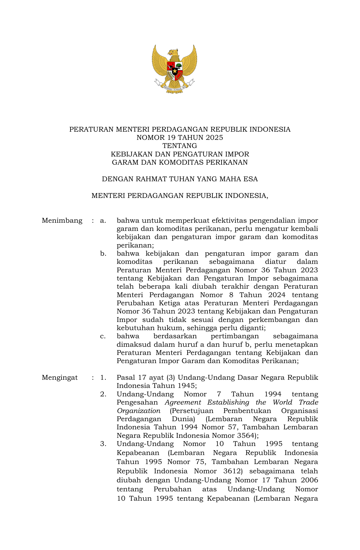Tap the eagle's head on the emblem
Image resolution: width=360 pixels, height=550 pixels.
coord(173,52)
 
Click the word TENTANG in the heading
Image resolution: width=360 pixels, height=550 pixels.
coord(180,146)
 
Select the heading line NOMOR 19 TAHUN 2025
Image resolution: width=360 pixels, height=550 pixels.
coord(180,138)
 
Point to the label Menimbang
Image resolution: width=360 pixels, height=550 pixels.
coord(62,220)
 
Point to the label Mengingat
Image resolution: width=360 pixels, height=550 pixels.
coord(60,377)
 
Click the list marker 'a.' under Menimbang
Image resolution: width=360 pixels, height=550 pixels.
coord(103,220)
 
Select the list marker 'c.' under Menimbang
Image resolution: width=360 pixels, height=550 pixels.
coord(103,336)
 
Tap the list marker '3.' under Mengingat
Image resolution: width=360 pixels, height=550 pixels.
coord(103,444)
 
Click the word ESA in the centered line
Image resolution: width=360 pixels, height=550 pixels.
coord(251,179)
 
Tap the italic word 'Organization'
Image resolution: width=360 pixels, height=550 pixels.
coord(139,411)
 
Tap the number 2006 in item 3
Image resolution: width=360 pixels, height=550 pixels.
coord(309,480)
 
